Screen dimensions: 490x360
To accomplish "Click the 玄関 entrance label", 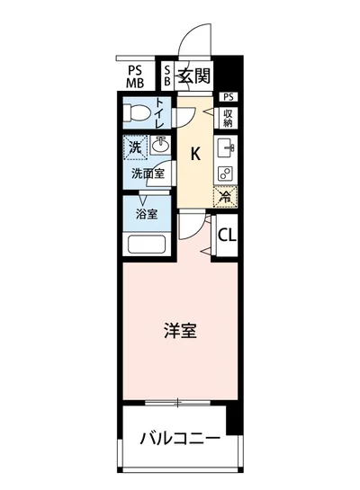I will pos(192,75).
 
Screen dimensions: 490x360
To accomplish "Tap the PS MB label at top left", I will pos(134,75).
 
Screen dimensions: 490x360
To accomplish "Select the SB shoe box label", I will pos(166,75).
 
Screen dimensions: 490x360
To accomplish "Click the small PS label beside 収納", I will pos(228,97).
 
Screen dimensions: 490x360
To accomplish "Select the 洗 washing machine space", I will pos(134,145).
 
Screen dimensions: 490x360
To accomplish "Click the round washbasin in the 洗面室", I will pos(160,146).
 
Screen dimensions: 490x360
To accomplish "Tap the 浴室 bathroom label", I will pos(147,215).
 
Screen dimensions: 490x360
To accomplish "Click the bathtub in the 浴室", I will pos(147,244).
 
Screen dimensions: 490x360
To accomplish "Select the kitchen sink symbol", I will pos(226,147).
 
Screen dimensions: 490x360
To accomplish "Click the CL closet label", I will pos(228,236).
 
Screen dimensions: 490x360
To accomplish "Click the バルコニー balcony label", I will pos(180,440).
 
